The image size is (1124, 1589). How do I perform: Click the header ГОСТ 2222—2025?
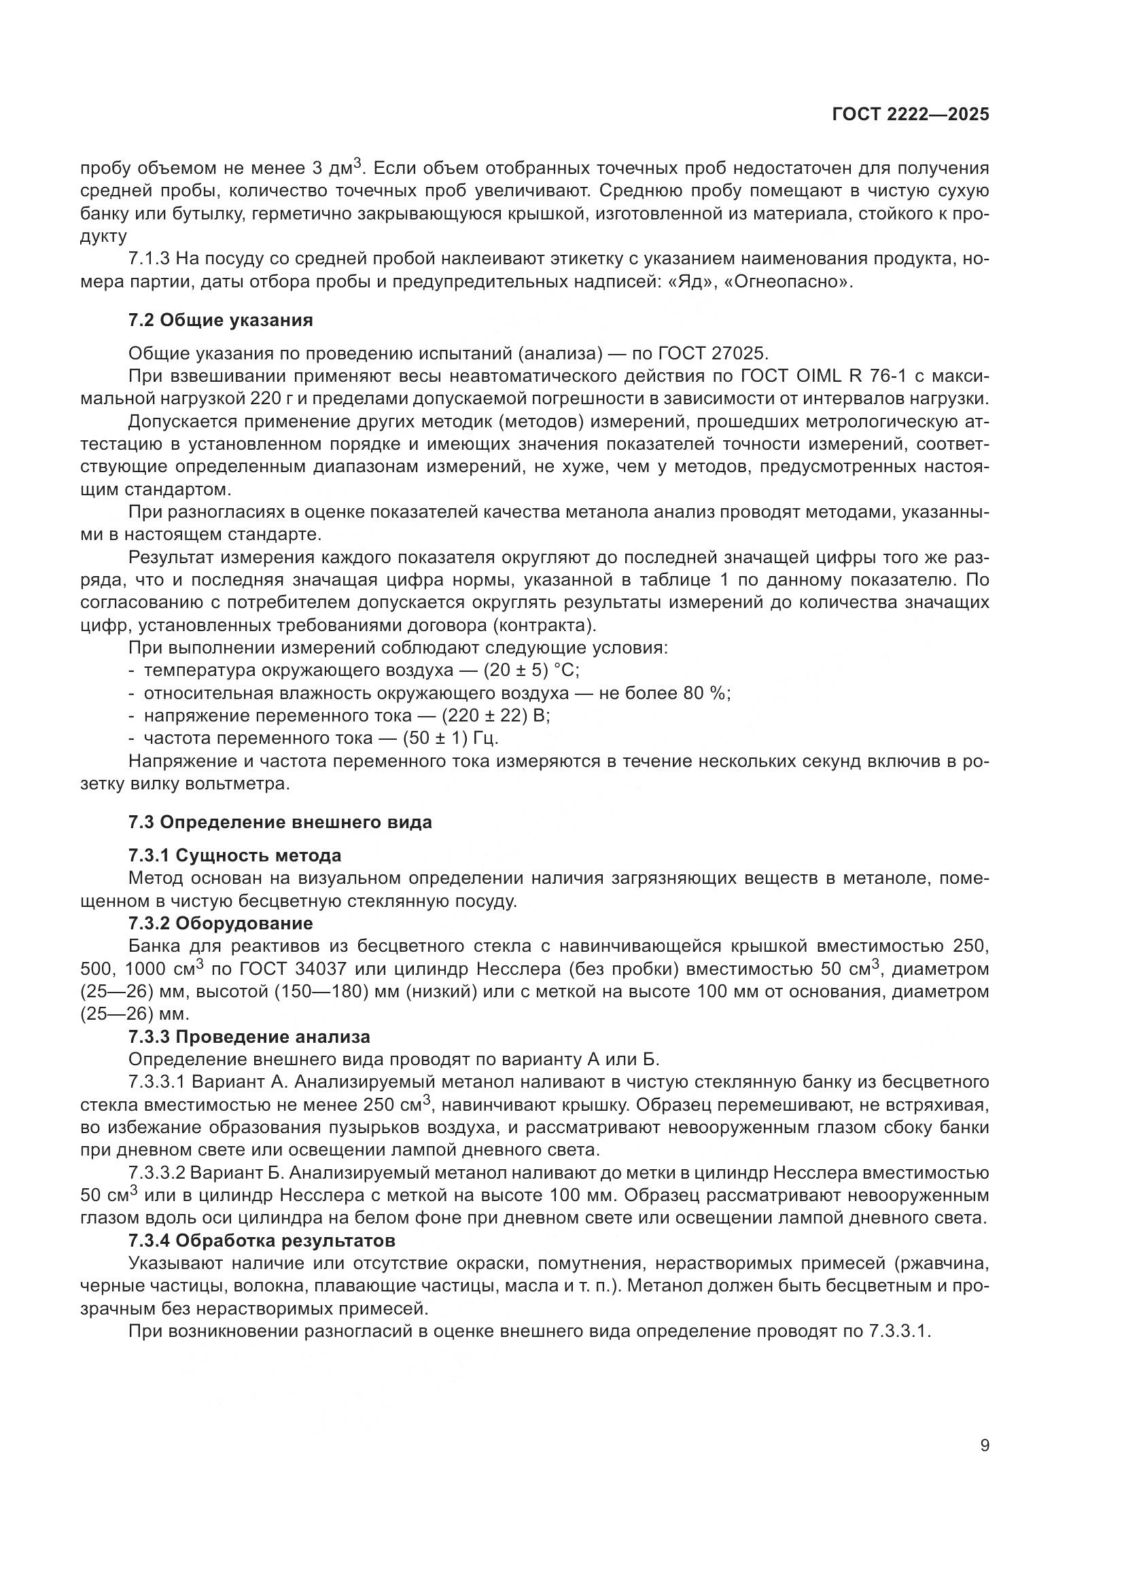click(x=910, y=115)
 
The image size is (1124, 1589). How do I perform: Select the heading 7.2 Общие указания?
click(x=220, y=320)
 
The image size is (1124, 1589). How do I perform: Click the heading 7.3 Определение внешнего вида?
click(x=279, y=822)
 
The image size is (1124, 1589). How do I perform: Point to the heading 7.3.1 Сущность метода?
click(x=234, y=855)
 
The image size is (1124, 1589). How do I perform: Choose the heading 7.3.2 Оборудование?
click(x=220, y=923)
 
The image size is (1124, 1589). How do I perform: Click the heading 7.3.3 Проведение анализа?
click(x=249, y=1037)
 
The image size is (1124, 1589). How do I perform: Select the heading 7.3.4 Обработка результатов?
click(x=262, y=1240)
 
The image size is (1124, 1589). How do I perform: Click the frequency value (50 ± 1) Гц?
click(x=450, y=738)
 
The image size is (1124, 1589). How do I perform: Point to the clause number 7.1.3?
click(x=149, y=260)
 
